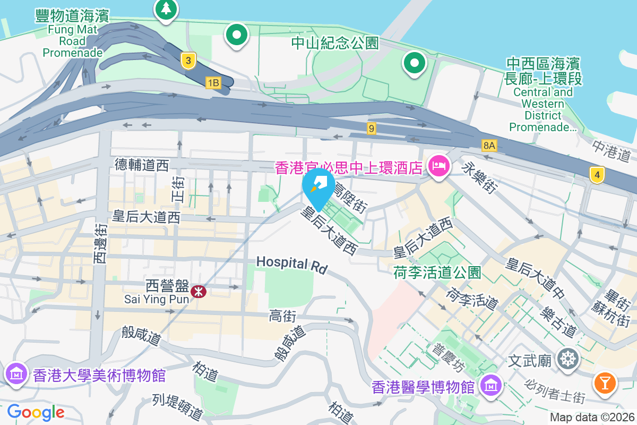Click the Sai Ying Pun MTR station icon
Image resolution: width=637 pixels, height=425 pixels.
199,291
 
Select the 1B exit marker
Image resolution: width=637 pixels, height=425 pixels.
213,82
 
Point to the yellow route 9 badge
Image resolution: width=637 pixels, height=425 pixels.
371,128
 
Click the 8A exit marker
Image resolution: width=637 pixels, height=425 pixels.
489,144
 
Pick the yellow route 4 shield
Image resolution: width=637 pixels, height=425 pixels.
597,174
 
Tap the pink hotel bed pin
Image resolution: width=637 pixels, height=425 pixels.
440,167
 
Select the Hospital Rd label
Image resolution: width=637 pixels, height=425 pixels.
291,264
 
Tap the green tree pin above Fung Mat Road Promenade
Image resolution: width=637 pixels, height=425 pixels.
166,9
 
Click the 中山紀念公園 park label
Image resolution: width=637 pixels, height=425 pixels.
335,43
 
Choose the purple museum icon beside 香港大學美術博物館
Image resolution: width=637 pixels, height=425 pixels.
16,375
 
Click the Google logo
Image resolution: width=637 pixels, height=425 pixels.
35,412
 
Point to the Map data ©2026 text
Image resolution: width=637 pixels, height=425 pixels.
592,417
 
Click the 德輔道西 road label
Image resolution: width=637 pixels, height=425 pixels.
142,165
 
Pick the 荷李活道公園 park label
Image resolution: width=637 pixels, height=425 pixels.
437,273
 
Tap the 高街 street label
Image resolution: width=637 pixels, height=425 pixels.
282,317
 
